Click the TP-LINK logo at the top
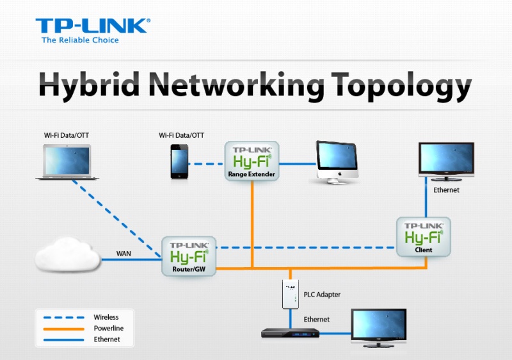click(93, 26)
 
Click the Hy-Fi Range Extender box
click(252, 161)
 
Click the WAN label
click(124, 254)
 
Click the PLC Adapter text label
click(323, 295)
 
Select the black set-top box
click(290, 332)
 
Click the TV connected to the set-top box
click(380, 328)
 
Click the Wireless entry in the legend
click(106, 317)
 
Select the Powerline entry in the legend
click(108, 328)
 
